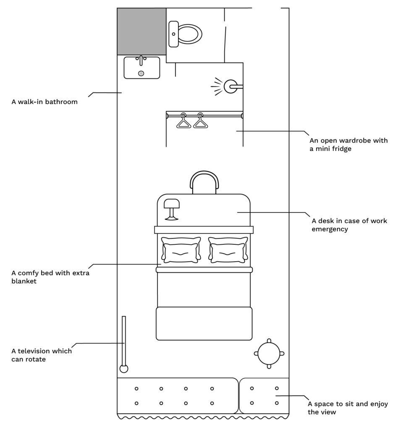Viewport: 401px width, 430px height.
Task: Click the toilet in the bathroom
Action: (x=185, y=34)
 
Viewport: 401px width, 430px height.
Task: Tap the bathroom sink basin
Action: (x=142, y=68)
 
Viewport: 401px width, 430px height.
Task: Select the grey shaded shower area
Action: (x=142, y=31)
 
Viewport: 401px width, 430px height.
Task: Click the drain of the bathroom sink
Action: (x=141, y=73)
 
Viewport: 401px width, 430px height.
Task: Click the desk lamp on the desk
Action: (x=172, y=209)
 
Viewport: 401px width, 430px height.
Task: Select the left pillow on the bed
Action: (x=181, y=250)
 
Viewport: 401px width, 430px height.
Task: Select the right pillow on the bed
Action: (x=228, y=250)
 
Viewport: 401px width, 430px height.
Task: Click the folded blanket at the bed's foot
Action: (x=204, y=324)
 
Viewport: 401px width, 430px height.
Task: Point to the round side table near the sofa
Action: (x=269, y=354)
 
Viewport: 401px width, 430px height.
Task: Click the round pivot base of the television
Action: (x=124, y=369)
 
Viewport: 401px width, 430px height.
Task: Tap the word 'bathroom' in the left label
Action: (x=61, y=102)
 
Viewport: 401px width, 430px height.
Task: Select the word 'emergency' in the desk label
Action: (x=330, y=229)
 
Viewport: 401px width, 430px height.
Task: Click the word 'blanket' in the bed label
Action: (x=24, y=281)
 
